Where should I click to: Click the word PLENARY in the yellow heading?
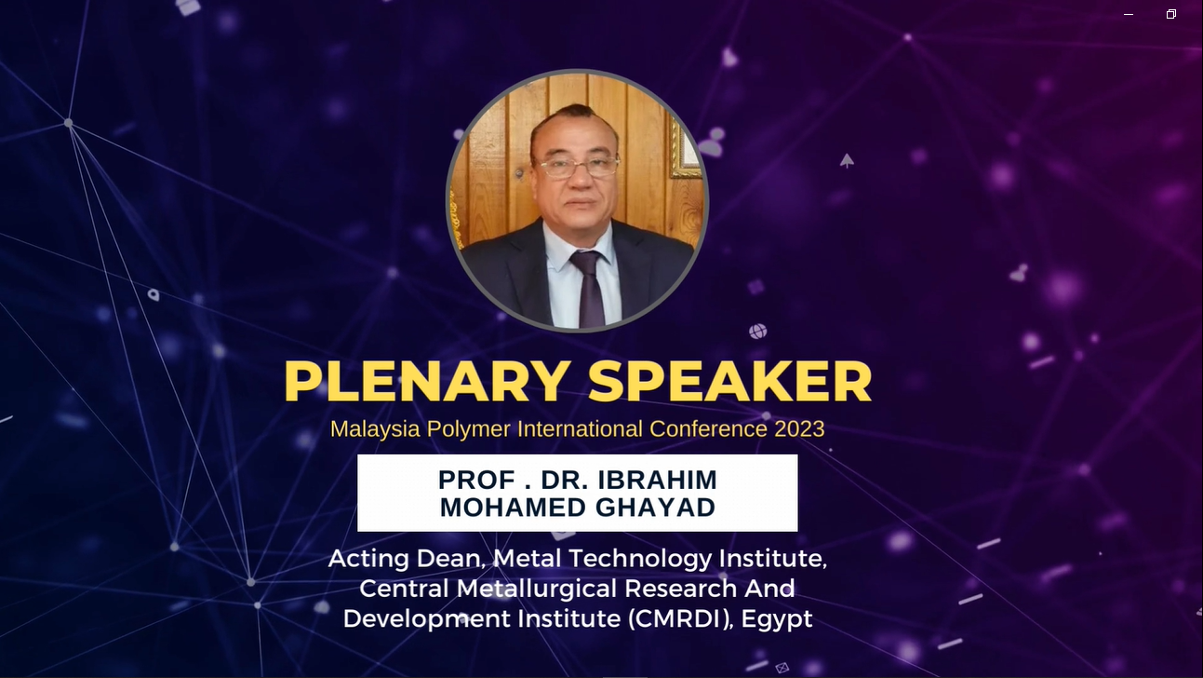tap(427, 381)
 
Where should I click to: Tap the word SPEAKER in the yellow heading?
tap(729, 381)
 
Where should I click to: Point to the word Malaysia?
tap(375, 429)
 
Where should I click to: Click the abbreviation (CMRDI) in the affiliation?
tap(680, 618)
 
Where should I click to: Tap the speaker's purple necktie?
tap(589, 287)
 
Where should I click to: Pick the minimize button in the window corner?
tap(1129, 15)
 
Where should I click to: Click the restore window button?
tap(1171, 14)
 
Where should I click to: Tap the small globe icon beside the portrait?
tap(757, 332)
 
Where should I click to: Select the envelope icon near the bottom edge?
tap(782, 668)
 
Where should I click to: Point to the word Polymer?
tap(469, 429)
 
